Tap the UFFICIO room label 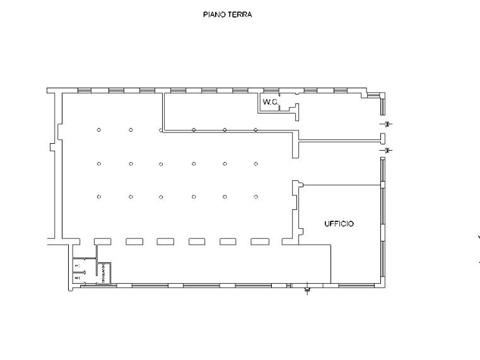point(339,224)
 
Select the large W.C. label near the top point(271,102)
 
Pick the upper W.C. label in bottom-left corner point(78,265)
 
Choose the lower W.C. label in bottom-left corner point(78,277)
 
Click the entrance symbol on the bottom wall point(307,290)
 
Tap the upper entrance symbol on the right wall point(388,123)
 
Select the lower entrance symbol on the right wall point(388,151)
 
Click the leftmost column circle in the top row point(99,130)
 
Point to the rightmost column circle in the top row point(255,130)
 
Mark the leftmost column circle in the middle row point(99,164)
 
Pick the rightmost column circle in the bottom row point(255,197)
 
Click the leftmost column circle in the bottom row point(99,197)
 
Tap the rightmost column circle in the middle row point(255,164)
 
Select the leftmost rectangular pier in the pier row point(103,241)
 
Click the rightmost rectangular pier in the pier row point(260,241)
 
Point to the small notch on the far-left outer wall point(52,146)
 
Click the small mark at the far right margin point(478,238)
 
